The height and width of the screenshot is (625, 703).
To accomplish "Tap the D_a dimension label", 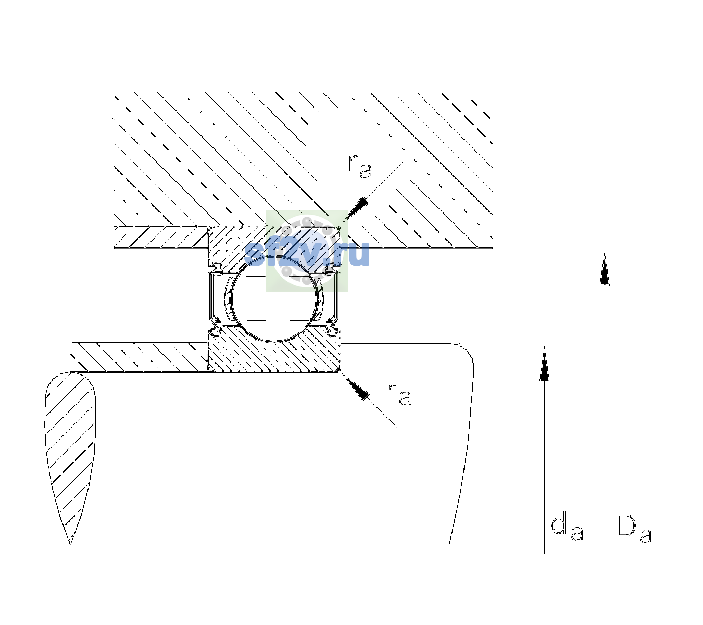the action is click(634, 529).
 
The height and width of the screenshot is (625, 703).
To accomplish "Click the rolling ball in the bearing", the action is click(274, 299).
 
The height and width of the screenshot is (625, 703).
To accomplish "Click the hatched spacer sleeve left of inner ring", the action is click(139, 357).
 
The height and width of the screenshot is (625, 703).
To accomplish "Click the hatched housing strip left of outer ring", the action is click(161, 237).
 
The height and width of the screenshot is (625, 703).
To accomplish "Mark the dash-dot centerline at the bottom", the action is click(262, 545).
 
